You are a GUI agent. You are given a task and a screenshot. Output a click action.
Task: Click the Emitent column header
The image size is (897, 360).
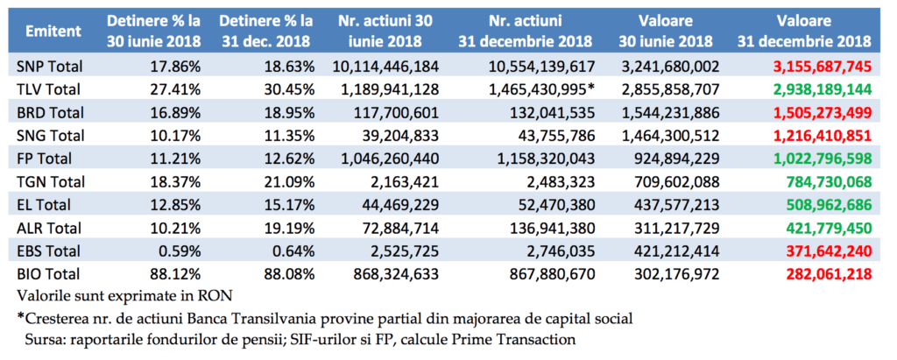coord(53,31)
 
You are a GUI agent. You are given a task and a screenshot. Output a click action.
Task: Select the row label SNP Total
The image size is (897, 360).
coord(50,67)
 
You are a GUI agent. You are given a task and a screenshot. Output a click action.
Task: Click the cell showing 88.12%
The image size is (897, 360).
coord(177,274)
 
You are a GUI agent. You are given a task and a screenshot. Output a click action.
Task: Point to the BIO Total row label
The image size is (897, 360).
coord(49,274)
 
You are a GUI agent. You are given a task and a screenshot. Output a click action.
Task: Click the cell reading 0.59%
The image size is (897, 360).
coord(181,251)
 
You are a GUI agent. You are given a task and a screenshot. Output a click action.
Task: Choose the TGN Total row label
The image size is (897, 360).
coord(51,182)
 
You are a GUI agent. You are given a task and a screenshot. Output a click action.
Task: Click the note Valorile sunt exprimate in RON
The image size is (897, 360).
coord(124,296)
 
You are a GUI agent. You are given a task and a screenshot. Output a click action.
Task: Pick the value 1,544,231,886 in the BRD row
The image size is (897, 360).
coord(670,113)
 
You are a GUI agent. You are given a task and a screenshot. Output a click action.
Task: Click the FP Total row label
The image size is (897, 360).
coord(46,159)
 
